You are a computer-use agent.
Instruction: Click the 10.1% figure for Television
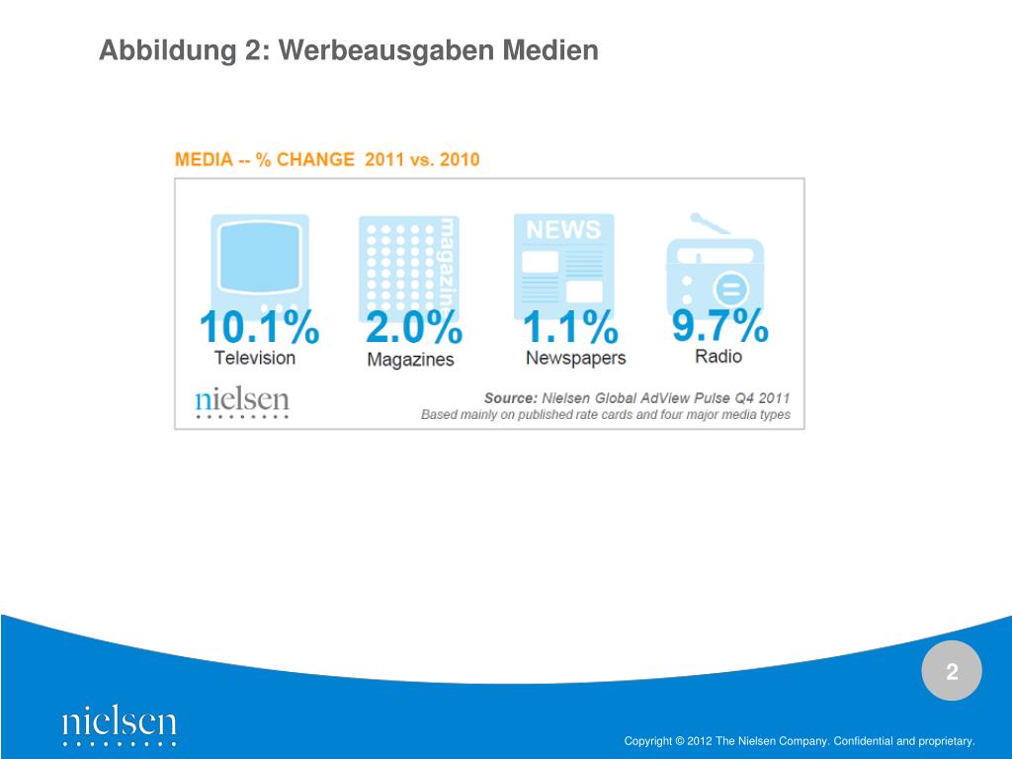tap(259, 327)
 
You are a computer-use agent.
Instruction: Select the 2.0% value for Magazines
tap(413, 327)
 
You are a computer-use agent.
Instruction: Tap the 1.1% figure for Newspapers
tap(569, 327)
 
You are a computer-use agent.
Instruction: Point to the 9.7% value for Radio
tap(719, 324)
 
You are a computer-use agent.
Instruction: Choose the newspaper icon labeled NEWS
tap(563, 261)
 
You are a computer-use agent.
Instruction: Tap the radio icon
tap(717, 263)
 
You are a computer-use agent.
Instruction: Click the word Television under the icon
tap(255, 358)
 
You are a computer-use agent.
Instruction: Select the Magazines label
tap(410, 360)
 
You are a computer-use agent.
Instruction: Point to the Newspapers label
tap(575, 358)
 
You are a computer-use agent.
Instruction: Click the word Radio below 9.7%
tap(718, 356)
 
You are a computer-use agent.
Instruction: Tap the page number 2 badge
tap(952, 673)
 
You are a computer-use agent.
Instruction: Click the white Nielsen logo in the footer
tap(119, 724)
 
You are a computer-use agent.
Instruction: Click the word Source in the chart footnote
tap(510, 397)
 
